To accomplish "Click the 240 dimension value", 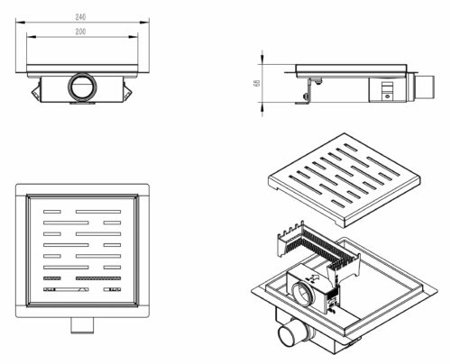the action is point(80,17).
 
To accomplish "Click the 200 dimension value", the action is point(80,32).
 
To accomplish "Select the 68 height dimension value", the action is point(257,83).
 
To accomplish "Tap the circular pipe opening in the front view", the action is point(82,86).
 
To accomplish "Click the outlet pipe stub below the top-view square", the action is point(82,325).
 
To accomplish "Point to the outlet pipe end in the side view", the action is point(424,87).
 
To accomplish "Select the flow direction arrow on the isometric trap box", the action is point(314,278).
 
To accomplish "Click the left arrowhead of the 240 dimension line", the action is point(20,22).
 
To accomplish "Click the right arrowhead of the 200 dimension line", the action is point(133,37).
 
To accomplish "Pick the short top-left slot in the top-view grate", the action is point(52,212).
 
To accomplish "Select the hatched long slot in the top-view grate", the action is point(98,278).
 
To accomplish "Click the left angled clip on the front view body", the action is point(36,90).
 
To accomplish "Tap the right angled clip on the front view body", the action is point(127,90).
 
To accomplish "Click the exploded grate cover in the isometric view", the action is point(344,179).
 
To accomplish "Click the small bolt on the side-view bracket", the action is point(306,96).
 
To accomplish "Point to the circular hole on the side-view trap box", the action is point(387,96).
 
